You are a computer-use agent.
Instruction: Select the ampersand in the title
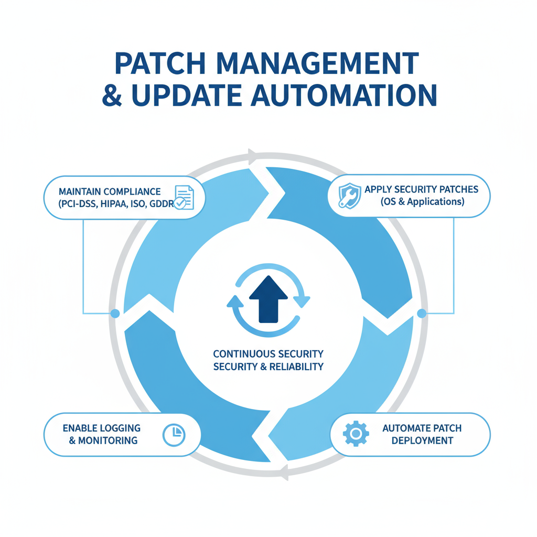(112, 96)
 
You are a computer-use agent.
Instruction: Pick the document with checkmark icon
(184, 198)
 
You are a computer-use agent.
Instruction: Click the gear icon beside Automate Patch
(356, 434)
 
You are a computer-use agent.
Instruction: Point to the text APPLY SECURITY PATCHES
(421, 189)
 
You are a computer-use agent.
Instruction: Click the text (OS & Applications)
(422, 202)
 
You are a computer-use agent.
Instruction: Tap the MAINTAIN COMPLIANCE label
(110, 191)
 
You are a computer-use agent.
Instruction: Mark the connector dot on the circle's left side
(115, 314)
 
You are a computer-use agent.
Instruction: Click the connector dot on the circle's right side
(421, 314)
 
